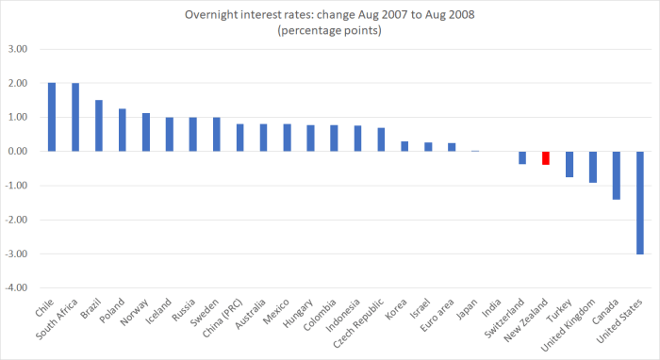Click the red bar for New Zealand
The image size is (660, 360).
(x=546, y=157)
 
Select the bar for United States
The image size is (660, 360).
(x=640, y=202)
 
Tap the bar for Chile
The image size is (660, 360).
(x=52, y=117)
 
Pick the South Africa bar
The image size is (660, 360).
(x=75, y=117)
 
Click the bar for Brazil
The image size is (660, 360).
(x=99, y=125)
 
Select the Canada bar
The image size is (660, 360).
(x=617, y=174)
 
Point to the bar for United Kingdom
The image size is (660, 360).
(x=593, y=166)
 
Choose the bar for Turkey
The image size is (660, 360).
(x=569, y=164)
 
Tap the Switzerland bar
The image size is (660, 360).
(x=522, y=157)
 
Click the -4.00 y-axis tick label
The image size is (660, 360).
(x=19, y=287)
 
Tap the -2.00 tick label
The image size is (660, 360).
(x=19, y=220)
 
